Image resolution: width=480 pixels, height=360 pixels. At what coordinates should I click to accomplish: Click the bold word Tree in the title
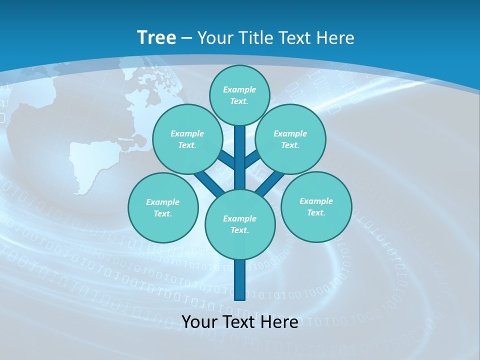point(156,38)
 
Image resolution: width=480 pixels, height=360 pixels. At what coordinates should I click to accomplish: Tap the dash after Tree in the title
point(187,38)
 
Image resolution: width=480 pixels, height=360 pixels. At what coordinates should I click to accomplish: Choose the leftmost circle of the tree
point(163,207)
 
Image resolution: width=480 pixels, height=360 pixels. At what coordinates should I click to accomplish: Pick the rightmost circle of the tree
point(316,207)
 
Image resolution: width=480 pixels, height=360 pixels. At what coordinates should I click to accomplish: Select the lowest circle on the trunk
point(240,224)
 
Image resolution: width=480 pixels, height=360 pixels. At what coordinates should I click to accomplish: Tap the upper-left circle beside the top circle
point(187,139)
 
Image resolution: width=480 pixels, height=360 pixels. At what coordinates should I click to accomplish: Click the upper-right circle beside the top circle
point(290,139)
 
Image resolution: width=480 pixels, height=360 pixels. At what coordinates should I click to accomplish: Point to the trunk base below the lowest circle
point(240,280)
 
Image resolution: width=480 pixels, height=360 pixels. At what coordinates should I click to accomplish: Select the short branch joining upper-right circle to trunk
point(252,159)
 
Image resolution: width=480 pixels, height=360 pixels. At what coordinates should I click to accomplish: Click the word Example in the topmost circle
point(239,90)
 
